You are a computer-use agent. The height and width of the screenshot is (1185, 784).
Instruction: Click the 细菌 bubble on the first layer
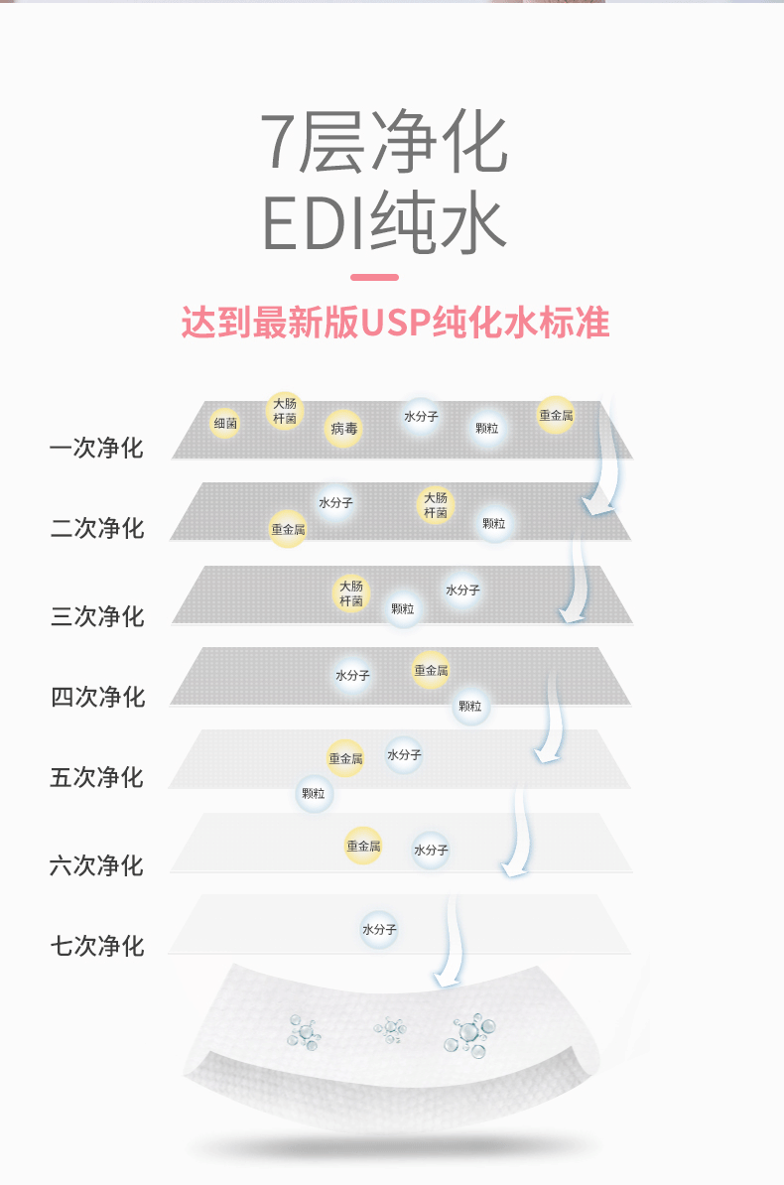coord(225,423)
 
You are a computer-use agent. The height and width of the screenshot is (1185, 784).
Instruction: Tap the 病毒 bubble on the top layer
coord(343,429)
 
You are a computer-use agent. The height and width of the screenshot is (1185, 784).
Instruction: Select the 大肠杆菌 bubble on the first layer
coord(284,411)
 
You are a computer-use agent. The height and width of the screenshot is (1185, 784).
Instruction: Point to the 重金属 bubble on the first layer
coord(556,415)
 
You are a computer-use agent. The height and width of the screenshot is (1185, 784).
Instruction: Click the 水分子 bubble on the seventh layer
coord(379,930)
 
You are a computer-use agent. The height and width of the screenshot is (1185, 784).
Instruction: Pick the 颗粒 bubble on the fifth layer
coord(314,793)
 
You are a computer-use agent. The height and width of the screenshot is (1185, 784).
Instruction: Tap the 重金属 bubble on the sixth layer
coord(363,846)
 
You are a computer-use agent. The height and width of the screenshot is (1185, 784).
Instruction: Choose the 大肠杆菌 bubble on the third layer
coord(350,592)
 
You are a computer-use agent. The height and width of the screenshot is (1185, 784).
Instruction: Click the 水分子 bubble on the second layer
coord(335,503)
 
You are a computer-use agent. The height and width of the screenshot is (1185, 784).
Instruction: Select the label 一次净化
coord(96,449)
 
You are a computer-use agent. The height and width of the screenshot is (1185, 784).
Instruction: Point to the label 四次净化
coord(97,697)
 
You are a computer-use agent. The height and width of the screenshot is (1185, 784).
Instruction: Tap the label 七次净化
coord(97,946)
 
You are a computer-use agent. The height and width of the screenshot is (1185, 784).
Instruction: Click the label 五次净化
coord(96,777)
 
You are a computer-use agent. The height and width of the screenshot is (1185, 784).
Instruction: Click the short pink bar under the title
coord(374,277)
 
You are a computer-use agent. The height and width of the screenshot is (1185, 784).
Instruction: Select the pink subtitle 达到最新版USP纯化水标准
coord(395,323)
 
